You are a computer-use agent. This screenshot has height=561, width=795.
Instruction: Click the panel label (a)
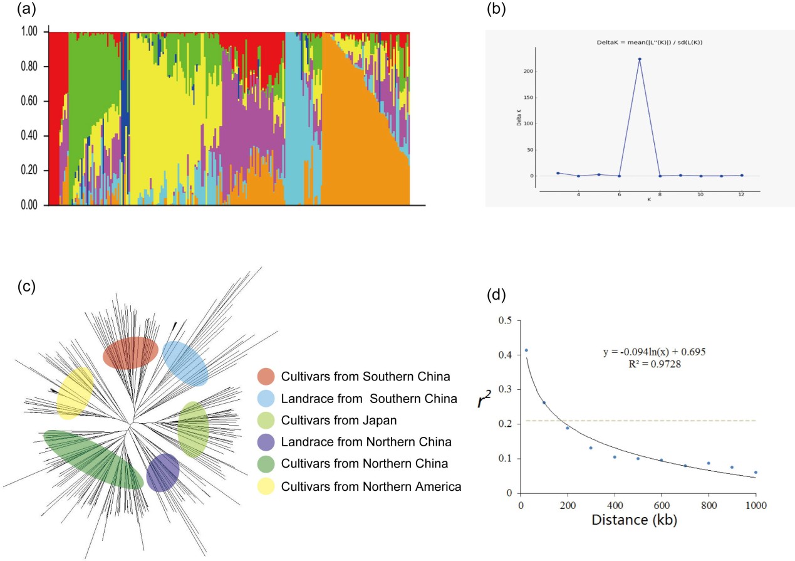[x=13, y=9]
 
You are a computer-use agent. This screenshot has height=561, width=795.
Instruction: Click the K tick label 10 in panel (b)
[x=700, y=194]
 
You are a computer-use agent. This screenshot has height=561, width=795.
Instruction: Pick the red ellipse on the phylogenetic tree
[x=130, y=353]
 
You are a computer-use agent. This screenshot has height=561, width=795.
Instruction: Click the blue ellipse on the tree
[x=185, y=364]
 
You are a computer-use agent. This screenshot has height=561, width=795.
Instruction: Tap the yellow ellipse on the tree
[x=75, y=393]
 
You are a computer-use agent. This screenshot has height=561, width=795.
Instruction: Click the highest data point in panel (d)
[x=526, y=350]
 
